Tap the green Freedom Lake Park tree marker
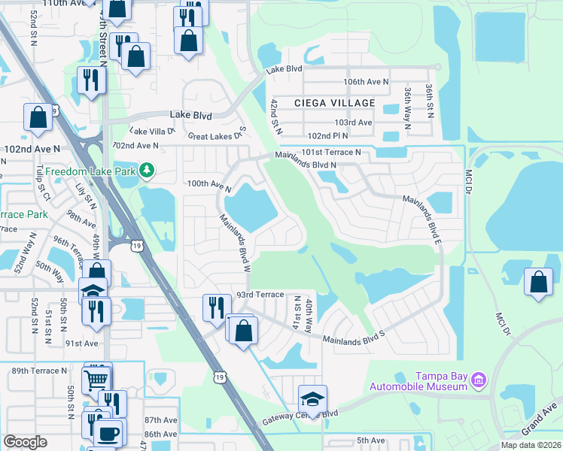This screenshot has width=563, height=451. click(148, 171)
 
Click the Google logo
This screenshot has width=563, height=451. click(25, 442)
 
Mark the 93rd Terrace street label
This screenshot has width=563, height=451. click(259, 295)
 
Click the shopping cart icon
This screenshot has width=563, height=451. click(97, 377)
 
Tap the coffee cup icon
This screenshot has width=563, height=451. click(108, 433)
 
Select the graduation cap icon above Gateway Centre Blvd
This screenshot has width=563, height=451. click(312, 398)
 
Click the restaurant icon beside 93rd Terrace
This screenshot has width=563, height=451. click(215, 306)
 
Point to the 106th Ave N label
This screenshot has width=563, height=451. click(365, 81)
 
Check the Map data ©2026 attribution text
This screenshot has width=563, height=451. click(531, 445)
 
